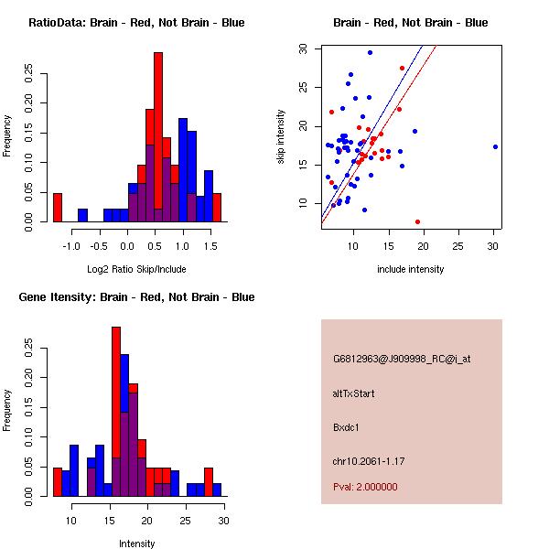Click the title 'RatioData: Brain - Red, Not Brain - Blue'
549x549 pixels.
click(136, 23)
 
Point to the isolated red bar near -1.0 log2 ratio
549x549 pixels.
click(58, 208)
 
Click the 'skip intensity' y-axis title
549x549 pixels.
click(282, 137)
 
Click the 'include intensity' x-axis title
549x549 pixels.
click(411, 270)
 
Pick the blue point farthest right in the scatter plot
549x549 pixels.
click(495, 146)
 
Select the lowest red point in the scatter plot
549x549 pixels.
click(417, 221)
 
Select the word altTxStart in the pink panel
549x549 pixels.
click(354, 393)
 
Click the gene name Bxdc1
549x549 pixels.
click(347, 426)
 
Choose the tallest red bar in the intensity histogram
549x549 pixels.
click(116, 412)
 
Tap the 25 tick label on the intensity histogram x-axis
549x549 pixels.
click(186, 522)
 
